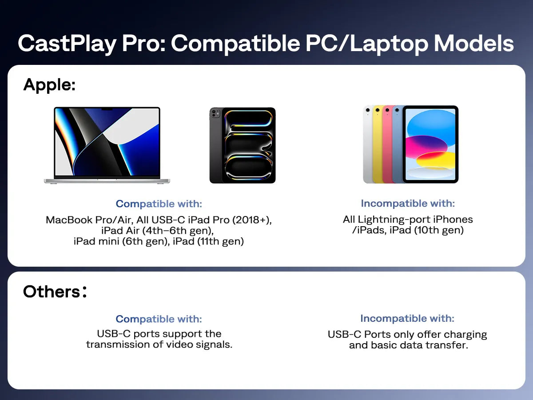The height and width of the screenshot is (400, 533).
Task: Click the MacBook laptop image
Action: click(x=107, y=145)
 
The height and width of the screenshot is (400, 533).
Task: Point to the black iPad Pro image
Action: click(x=243, y=145)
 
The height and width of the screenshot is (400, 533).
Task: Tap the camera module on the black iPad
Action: click(x=215, y=114)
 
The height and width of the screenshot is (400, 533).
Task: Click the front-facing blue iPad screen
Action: click(x=430, y=144)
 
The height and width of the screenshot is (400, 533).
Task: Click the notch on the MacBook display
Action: click(x=107, y=108)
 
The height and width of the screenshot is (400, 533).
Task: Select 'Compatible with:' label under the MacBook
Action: click(x=159, y=204)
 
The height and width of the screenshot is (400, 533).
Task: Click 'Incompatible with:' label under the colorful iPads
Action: click(x=408, y=204)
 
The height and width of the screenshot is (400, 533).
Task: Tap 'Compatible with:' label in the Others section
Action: click(x=159, y=319)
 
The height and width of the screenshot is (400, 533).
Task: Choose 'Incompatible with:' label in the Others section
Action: click(x=407, y=319)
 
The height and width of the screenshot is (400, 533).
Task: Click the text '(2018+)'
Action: click(x=251, y=220)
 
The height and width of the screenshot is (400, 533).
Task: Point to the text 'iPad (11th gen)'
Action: click(x=208, y=242)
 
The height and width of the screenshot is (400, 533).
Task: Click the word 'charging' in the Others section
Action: click(x=465, y=334)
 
